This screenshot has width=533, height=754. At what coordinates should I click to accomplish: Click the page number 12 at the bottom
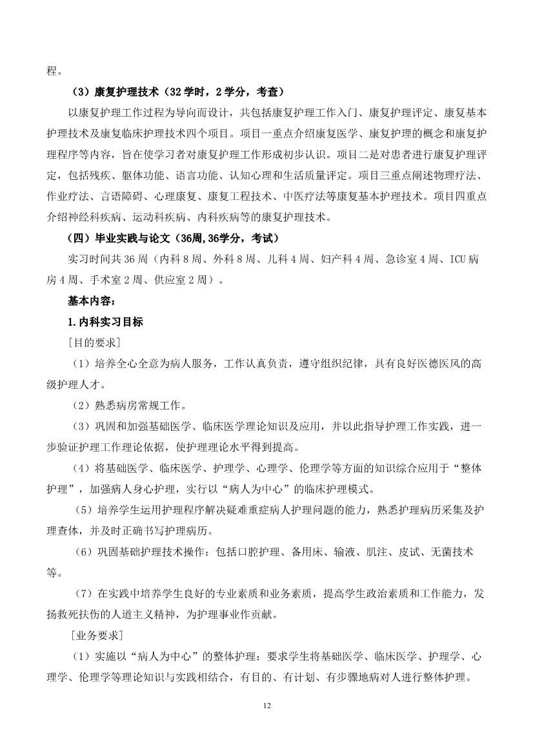[266, 706]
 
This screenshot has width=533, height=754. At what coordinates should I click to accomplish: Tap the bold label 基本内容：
[92, 301]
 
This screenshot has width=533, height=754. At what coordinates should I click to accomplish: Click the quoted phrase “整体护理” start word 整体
[456, 468]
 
